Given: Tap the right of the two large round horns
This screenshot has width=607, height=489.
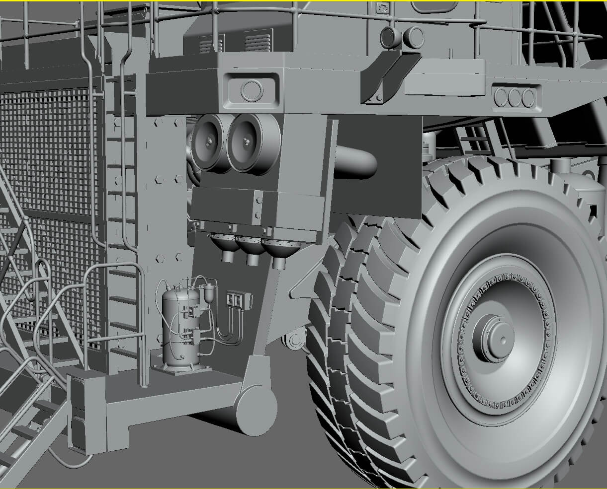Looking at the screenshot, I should pos(246,142).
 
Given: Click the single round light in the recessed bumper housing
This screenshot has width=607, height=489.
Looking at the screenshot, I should pos(252,89).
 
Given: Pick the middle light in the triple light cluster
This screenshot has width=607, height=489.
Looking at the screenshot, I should pos(515,97).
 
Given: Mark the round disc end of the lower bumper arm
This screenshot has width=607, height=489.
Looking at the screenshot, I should pos(256,410).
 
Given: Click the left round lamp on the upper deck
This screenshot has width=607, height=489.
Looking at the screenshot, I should pos(390,37).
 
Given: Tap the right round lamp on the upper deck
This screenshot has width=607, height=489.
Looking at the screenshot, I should pos(414,36).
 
